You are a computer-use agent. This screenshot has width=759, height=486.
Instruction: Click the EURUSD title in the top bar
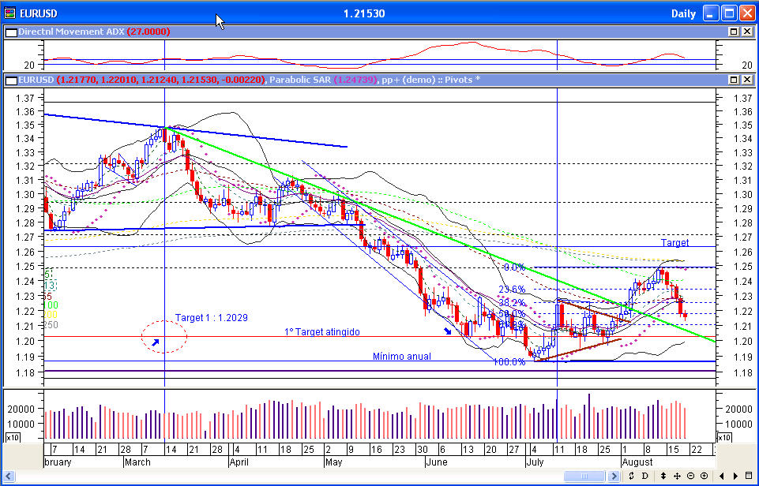coord(38,13)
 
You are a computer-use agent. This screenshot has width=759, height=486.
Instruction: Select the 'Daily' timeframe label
coord(683,13)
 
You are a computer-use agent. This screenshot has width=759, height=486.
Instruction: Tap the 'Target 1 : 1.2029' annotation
coord(212,317)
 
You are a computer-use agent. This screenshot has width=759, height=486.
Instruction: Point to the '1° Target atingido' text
coord(322,332)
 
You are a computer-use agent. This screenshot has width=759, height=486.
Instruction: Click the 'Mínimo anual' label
coord(402,357)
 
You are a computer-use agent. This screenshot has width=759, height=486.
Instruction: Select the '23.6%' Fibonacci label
coord(512,290)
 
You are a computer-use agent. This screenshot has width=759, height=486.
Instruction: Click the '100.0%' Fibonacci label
coord(509,362)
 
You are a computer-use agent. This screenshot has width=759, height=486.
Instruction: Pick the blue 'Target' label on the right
coord(675,243)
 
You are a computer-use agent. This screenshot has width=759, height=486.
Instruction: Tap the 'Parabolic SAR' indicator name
coord(300,80)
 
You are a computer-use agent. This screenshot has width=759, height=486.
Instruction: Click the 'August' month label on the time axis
coord(637,462)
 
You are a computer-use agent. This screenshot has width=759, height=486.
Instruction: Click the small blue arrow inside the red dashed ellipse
coord(156,343)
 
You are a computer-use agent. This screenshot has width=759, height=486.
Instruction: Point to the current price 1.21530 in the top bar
coord(364,13)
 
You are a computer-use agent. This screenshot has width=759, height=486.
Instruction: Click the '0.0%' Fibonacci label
coord(514,267)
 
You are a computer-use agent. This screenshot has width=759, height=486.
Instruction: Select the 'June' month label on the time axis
coord(437,462)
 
